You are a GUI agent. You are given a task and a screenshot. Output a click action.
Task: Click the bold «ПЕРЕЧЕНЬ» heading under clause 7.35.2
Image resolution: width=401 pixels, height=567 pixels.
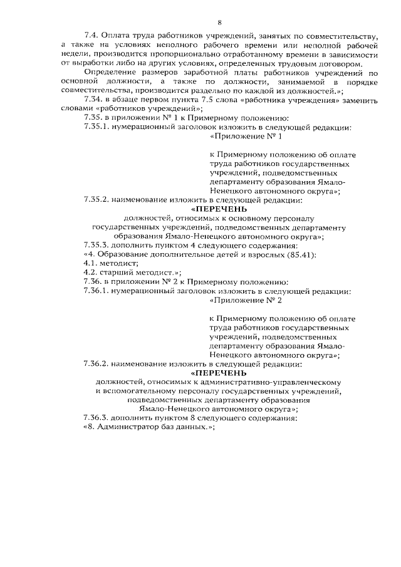(x=219, y=209)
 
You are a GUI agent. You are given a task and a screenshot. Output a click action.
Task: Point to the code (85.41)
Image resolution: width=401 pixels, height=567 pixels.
(x=302, y=254)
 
